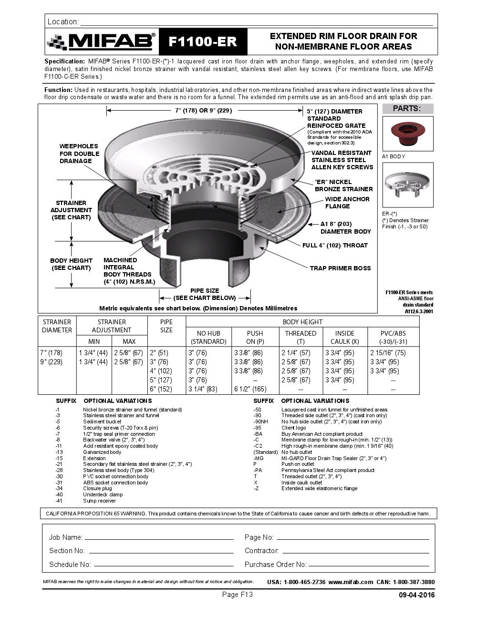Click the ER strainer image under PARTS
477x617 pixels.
(407, 185)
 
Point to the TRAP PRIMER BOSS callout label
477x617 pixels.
(340, 268)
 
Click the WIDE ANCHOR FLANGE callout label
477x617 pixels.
(347, 203)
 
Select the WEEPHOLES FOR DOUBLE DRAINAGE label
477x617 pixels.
(79, 154)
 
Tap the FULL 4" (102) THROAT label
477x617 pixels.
(335, 245)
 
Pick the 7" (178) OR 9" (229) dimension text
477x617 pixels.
(203, 111)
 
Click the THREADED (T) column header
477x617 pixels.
(301, 337)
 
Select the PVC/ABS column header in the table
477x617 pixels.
(394, 337)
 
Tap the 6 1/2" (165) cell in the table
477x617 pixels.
(250, 389)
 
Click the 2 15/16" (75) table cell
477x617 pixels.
(388, 353)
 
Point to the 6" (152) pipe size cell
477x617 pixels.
(161, 389)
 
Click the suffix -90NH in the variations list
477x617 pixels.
(261, 422)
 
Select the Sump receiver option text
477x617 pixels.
(99, 501)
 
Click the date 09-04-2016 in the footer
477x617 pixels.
(416, 595)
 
